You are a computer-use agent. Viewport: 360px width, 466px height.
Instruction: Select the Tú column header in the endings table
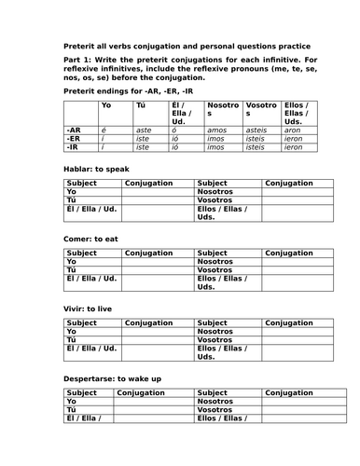[142, 105]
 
